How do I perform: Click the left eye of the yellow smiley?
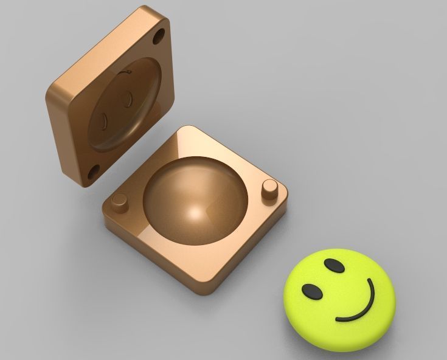pyautogui.click(x=313, y=292)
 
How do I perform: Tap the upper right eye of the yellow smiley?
pyautogui.click(x=333, y=266)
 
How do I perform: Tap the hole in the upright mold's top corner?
pyautogui.click(x=159, y=36)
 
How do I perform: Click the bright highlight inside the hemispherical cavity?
pyautogui.click(x=196, y=214)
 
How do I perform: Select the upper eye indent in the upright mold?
pyautogui.click(x=126, y=98)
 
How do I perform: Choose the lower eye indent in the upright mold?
pyautogui.click(x=103, y=120)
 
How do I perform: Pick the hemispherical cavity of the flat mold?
pyautogui.click(x=195, y=195)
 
